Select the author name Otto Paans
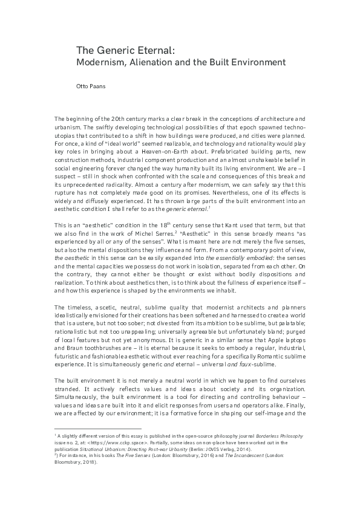point(90,86)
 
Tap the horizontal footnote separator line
point(97,429)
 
